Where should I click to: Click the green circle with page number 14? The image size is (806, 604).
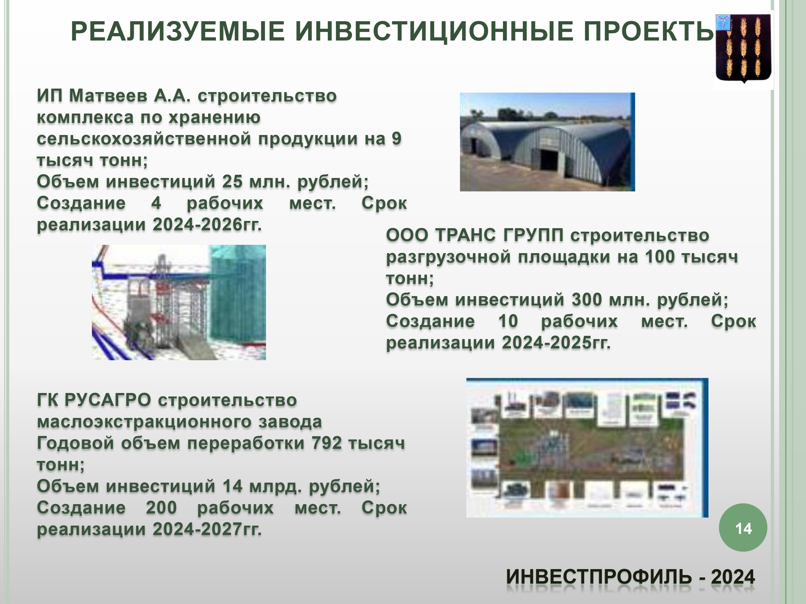pyautogui.click(x=743, y=527)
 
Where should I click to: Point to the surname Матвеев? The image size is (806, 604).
pyautogui.click(x=108, y=96)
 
